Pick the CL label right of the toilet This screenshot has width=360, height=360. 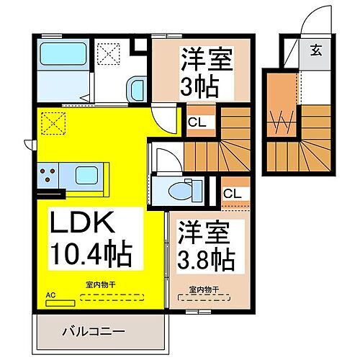(x=232, y=194)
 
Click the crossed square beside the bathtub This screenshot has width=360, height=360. (x=110, y=53)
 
